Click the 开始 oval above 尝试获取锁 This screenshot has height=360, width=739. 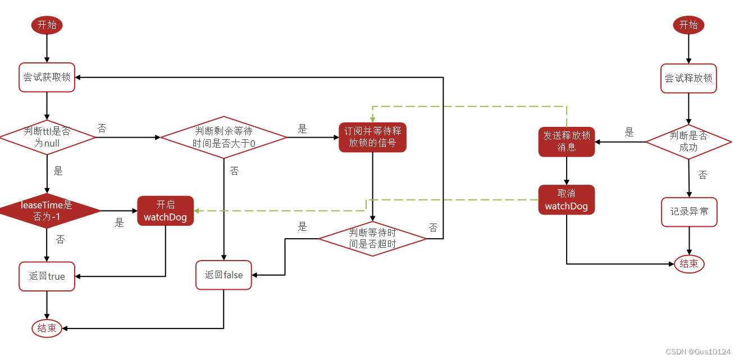[x=47, y=25]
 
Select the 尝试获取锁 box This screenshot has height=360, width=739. [x=47, y=78]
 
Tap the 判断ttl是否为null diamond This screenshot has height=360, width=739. [x=47, y=137]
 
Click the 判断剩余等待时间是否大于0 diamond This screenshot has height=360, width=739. [x=223, y=137]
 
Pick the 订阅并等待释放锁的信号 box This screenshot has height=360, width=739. [x=372, y=137]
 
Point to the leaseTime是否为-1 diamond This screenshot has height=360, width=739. [x=47, y=211]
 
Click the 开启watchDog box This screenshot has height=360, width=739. [x=165, y=211]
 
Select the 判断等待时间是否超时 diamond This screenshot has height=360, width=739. [x=372, y=238]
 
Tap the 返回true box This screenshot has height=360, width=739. [x=47, y=276]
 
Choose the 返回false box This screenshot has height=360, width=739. [x=223, y=275]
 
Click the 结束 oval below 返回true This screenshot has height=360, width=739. [x=47, y=329]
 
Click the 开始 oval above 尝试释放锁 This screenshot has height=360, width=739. [x=688, y=25]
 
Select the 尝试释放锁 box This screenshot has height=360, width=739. [x=688, y=78]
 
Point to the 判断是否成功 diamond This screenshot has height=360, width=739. [x=688, y=142]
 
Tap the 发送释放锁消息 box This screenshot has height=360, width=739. [x=566, y=141]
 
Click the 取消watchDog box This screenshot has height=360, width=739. [x=566, y=199]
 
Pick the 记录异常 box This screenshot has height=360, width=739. [x=689, y=212]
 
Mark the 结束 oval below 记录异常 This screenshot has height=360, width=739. [x=689, y=263]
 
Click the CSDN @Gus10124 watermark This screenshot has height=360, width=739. [x=698, y=352]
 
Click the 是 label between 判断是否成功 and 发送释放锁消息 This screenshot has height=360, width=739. [x=629, y=133]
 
